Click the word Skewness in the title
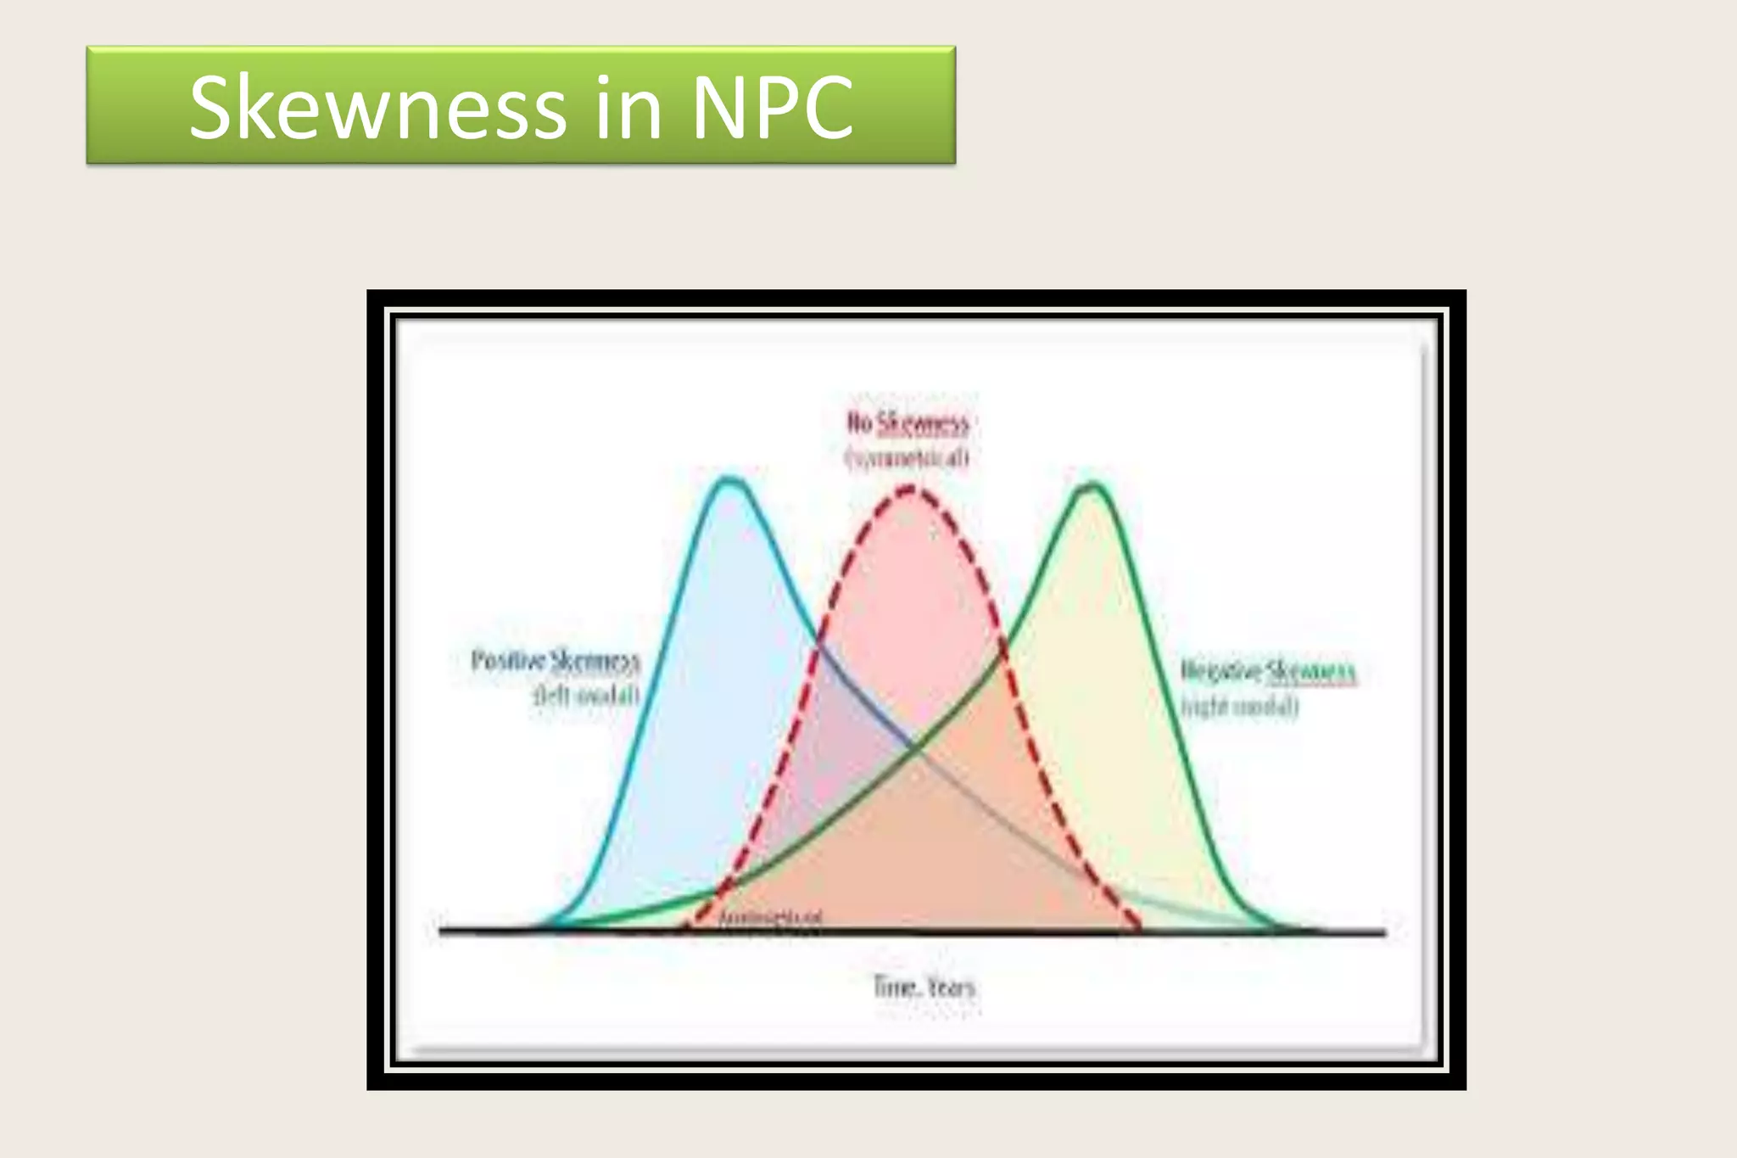pyautogui.click(x=377, y=108)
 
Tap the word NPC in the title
pyautogui.click(x=773, y=108)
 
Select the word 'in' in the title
pyautogui.click(x=628, y=108)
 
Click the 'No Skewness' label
pyautogui.click(x=908, y=422)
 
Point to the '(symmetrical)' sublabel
pyautogui.click(x=907, y=458)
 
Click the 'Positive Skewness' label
pyautogui.click(x=556, y=661)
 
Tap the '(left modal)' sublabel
pyautogui.click(x=586, y=696)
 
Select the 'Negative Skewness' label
pyautogui.click(x=1269, y=672)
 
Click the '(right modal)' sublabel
pyautogui.click(x=1240, y=707)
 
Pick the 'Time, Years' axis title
pyautogui.click(x=924, y=987)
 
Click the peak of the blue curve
pyautogui.click(x=729, y=480)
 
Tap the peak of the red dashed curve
pyautogui.click(x=910, y=489)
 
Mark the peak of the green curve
pyautogui.click(x=1093, y=485)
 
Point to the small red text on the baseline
pyautogui.click(x=770, y=918)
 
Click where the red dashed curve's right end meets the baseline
pyautogui.click(x=1139, y=930)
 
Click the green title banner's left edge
pyautogui.click(x=88, y=105)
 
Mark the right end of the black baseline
pyautogui.click(x=1384, y=932)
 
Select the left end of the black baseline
pyautogui.click(x=440, y=931)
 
